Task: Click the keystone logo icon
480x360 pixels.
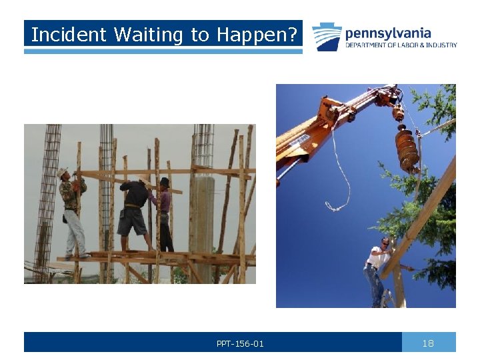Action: (327, 37)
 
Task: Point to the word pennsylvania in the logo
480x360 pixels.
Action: (388, 33)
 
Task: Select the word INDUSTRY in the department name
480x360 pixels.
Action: (443, 45)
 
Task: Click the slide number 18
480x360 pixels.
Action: (428, 343)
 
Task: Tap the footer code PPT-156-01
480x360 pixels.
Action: (240, 344)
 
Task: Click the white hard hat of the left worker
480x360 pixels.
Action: (62, 173)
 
